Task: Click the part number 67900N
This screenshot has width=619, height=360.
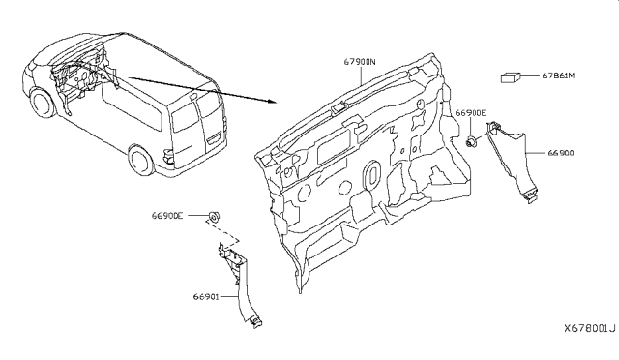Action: tap(360, 62)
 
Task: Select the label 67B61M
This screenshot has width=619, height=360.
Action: tap(558, 75)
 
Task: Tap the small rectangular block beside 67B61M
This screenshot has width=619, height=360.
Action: tap(511, 77)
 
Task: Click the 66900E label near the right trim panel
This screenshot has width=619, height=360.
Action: tap(471, 113)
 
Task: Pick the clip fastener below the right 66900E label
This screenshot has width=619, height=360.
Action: tap(471, 141)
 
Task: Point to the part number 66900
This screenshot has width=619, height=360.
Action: tap(561, 153)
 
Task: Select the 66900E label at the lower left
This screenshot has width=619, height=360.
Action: tap(167, 216)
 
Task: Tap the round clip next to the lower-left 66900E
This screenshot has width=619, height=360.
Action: tap(214, 217)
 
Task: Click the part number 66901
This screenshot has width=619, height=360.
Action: tap(206, 296)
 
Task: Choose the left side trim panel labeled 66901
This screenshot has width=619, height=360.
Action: tap(240, 285)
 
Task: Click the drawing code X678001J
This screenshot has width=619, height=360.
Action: tap(589, 328)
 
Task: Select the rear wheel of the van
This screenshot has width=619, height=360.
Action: tap(141, 161)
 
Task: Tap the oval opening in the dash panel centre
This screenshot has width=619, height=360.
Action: tap(371, 172)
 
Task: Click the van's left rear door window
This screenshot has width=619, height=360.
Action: tap(185, 118)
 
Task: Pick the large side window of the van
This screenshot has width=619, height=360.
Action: tap(132, 105)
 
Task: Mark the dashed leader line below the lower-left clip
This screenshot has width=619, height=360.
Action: tap(221, 233)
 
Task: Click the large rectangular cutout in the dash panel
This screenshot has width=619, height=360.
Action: tap(334, 146)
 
